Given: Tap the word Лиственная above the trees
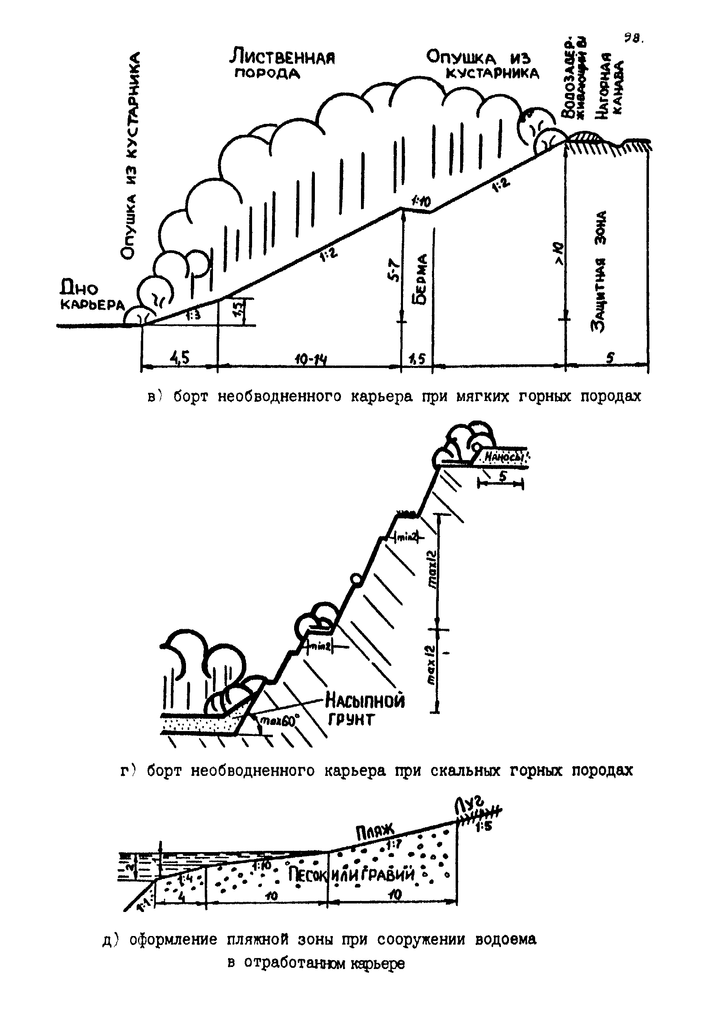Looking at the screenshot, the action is coord(282,57).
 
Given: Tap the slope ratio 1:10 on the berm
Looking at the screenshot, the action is coord(421,201).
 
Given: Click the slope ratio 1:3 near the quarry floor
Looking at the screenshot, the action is coord(193,315).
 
